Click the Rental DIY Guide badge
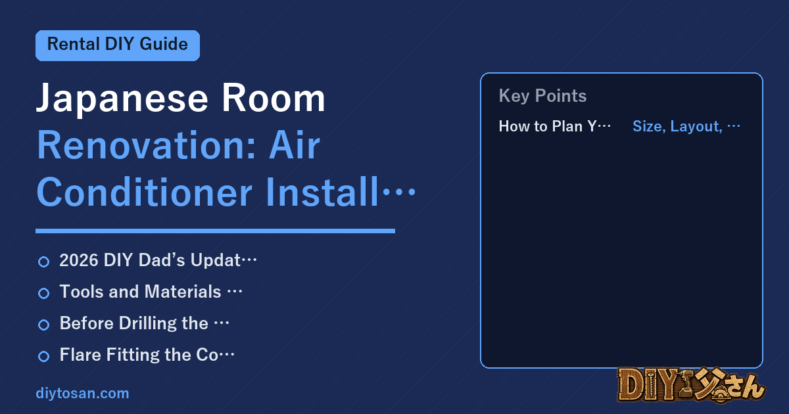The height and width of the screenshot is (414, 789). [x=118, y=45]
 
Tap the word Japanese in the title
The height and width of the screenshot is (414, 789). [x=122, y=99]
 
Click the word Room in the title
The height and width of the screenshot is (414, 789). [x=273, y=98]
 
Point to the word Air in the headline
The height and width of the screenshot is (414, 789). [x=295, y=145]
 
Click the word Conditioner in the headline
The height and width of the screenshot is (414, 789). [x=145, y=192]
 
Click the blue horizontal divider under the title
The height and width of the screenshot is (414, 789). [x=215, y=231]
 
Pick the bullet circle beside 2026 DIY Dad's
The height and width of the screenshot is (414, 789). [x=43, y=262]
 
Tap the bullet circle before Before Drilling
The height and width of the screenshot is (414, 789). [x=43, y=325]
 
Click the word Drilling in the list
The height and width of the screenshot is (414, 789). [x=164, y=324]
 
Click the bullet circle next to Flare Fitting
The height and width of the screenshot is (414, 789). [x=43, y=356]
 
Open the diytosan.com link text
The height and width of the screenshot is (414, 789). [x=82, y=393]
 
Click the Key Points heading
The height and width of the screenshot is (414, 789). [x=542, y=96]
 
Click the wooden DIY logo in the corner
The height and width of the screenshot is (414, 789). [x=691, y=385]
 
